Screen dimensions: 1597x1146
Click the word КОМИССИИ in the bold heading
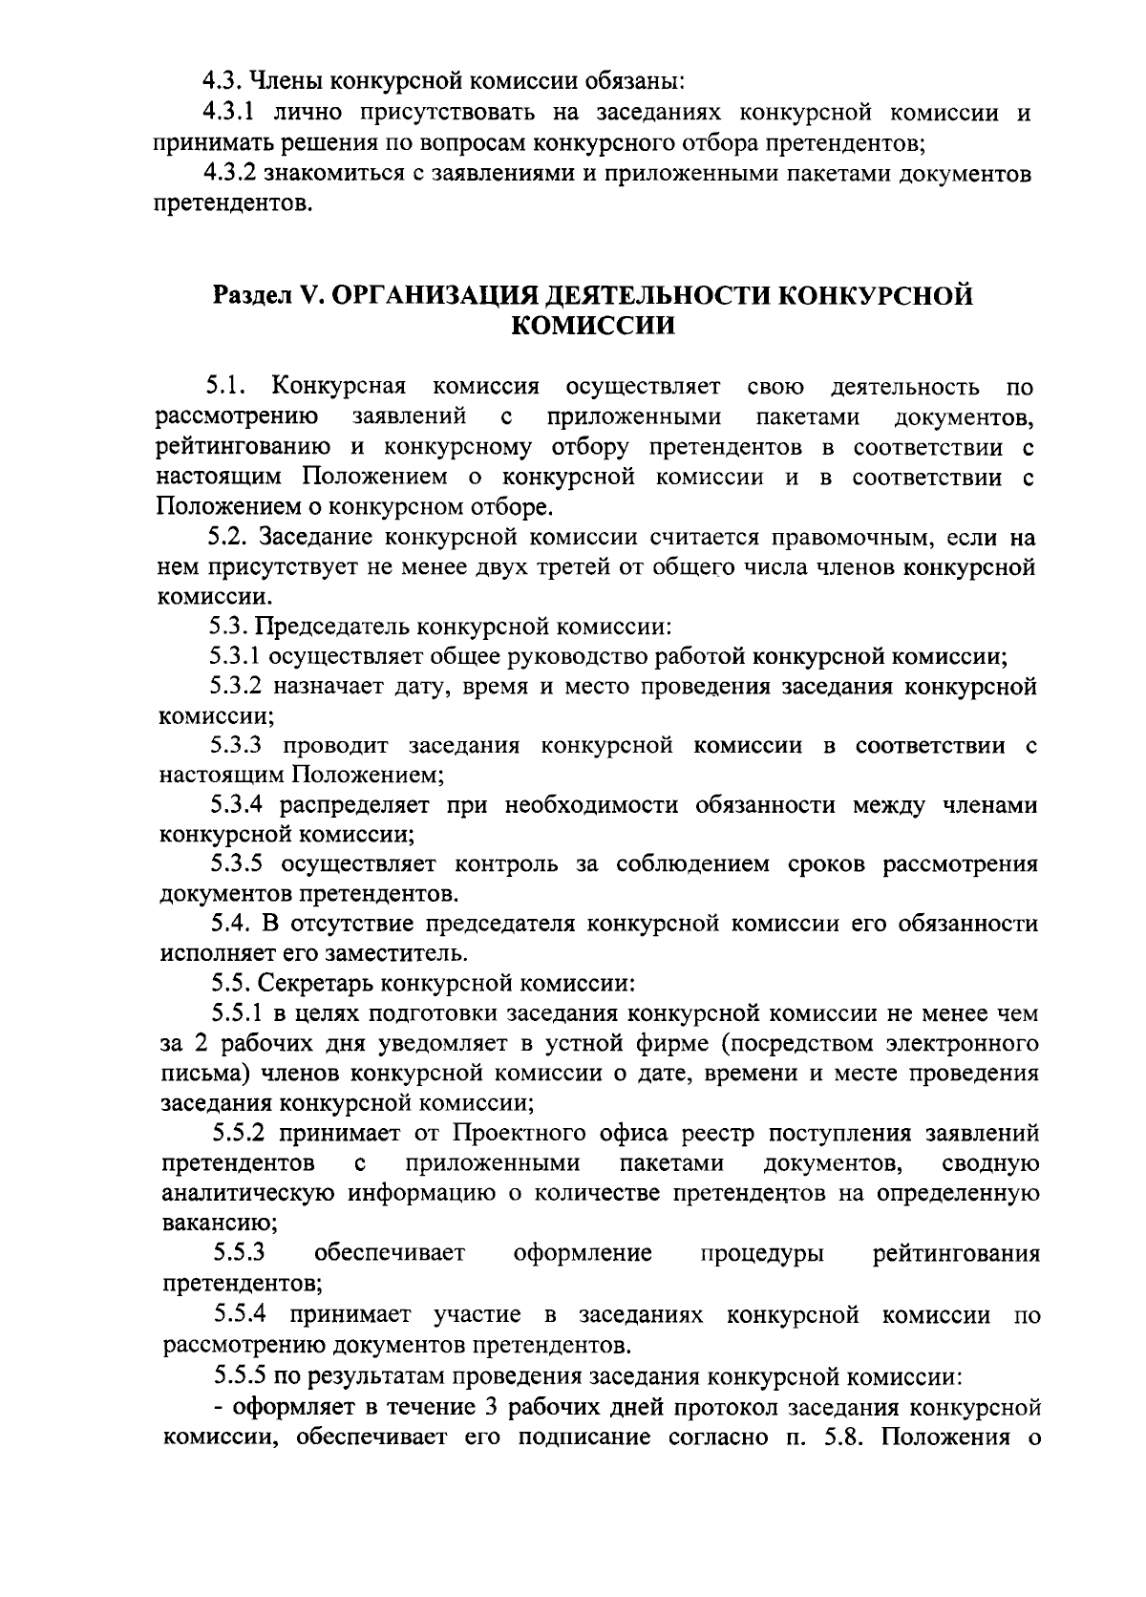point(593,326)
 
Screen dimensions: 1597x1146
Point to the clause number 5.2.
point(230,537)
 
